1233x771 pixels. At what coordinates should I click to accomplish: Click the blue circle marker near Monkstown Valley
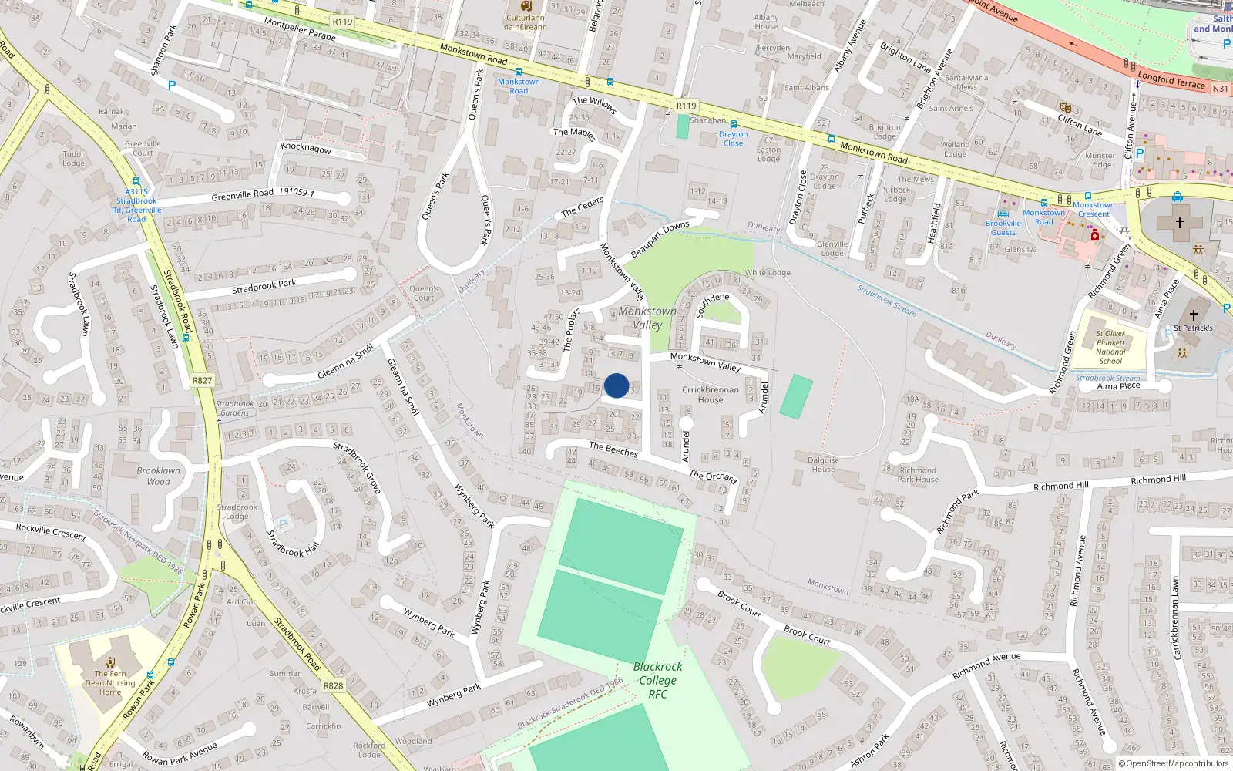(x=616, y=385)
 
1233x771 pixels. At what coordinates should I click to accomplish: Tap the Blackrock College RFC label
(x=657, y=680)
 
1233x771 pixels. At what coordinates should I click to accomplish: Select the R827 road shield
(x=202, y=381)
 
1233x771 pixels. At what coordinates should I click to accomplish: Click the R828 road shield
(x=333, y=685)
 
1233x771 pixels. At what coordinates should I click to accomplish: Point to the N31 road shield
(x=1220, y=89)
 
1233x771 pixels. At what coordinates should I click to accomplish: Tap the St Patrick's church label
(x=1193, y=328)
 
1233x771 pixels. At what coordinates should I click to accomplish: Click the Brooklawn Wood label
(x=158, y=476)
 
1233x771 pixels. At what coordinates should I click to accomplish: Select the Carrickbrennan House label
(x=710, y=395)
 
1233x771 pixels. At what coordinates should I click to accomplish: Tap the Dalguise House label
(x=823, y=464)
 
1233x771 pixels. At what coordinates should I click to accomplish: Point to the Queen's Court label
(x=424, y=293)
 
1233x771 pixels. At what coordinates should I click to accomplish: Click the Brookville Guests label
(x=1003, y=227)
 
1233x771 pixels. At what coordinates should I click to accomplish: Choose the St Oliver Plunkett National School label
(x=1110, y=347)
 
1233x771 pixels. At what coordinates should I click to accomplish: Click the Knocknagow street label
(x=306, y=147)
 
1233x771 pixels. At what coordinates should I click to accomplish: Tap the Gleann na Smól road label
(x=345, y=362)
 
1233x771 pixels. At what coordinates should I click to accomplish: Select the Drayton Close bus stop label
(x=733, y=138)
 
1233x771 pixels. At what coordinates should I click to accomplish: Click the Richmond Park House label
(x=918, y=474)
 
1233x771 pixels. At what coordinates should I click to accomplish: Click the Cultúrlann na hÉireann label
(x=525, y=22)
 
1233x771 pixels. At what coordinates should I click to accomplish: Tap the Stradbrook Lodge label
(x=237, y=511)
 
